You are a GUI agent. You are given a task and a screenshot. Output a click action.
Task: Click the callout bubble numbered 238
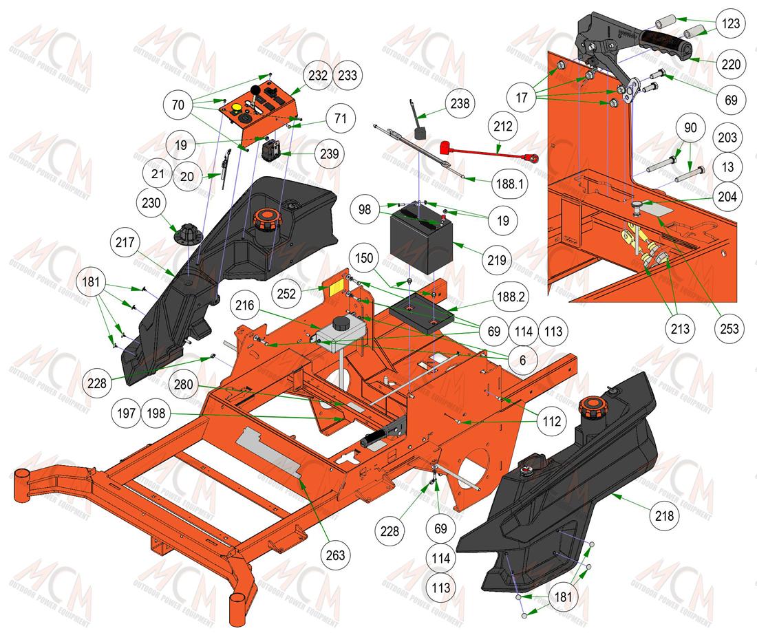point(460,103)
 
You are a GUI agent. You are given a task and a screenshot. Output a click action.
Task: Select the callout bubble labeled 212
point(502,127)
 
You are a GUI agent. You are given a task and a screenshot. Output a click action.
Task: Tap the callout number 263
point(335,555)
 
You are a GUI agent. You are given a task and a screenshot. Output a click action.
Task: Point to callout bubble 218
point(664,516)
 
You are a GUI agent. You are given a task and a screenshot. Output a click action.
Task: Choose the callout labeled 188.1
point(510,184)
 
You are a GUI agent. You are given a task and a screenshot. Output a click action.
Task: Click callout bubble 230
point(151,203)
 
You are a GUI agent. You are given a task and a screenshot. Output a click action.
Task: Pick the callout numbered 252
point(286,294)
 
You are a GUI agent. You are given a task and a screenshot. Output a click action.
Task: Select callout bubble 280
point(184,385)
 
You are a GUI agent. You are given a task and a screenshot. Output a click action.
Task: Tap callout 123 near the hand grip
point(730,23)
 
